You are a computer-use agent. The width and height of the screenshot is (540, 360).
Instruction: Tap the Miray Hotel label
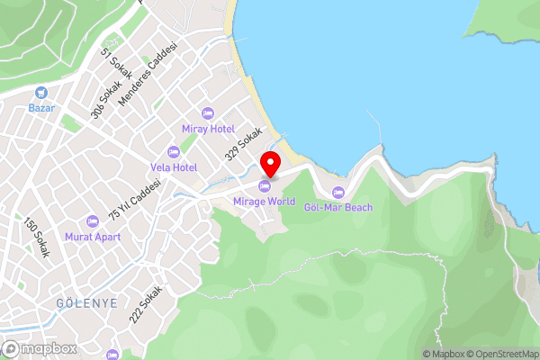(x=208, y=129)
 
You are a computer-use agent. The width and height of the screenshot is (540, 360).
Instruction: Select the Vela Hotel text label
(x=173, y=167)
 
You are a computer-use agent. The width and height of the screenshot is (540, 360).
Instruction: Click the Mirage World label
(x=263, y=202)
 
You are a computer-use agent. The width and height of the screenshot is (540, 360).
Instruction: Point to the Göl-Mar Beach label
(x=338, y=207)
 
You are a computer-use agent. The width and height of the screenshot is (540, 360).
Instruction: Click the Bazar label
(x=40, y=108)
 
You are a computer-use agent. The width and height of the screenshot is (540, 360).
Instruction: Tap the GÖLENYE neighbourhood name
(x=86, y=303)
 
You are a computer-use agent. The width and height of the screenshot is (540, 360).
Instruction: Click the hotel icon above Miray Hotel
(x=208, y=113)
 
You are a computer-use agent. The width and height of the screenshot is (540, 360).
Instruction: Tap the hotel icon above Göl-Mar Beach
(x=338, y=192)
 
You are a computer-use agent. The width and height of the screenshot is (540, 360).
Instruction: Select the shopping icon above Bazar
(x=40, y=93)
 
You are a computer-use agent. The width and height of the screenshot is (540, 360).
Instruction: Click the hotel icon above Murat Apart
(x=91, y=221)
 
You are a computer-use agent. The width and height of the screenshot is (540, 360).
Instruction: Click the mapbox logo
(x=39, y=348)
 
